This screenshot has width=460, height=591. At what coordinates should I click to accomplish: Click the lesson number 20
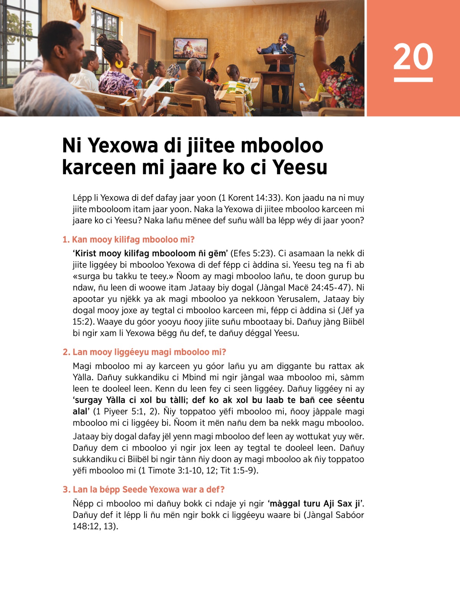(x=413, y=57)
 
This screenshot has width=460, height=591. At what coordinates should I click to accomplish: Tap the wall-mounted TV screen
(x=191, y=48)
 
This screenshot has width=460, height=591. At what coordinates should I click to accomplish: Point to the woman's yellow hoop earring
(x=119, y=63)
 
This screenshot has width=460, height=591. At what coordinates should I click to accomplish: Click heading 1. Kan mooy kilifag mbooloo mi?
(x=129, y=240)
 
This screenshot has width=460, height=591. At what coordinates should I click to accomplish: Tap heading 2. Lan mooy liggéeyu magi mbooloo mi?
(x=145, y=352)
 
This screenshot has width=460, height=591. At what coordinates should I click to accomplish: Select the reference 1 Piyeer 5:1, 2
(x=127, y=411)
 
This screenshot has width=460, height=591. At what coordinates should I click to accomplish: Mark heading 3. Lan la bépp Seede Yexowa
(x=144, y=489)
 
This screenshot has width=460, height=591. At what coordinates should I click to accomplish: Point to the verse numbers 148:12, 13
(x=94, y=526)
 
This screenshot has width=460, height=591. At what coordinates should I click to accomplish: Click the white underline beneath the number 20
(x=413, y=80)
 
